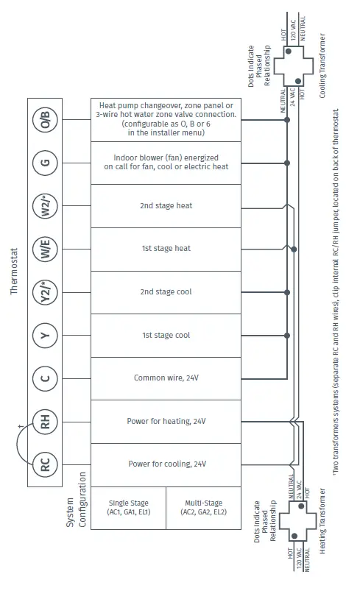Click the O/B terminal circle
coord(45,119)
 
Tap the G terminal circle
coord(45,162)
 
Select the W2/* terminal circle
coord(45,205)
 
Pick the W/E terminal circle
coord(45,249)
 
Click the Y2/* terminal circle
coord(45,292)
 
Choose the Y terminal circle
coord(45,336)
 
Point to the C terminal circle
coord(45,378)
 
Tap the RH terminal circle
coord(45,422)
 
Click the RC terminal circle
coord(45,464)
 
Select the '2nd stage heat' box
coord(166,205)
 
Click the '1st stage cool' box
coord(166,336)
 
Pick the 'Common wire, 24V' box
coord(166,378)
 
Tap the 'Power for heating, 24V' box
coord(166,422)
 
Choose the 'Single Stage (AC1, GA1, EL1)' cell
coord(128,508)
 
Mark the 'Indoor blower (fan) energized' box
coord(166,162)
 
